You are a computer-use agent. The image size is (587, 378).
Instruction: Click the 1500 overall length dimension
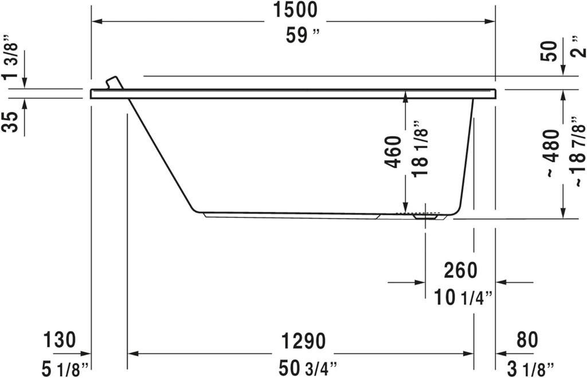(x=295, y=10)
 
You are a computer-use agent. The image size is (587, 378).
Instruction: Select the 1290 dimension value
(x=303, y=341)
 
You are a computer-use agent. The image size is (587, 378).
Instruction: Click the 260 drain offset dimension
(x=460, y=270)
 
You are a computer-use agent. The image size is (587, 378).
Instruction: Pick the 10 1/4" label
(x=464, y=298)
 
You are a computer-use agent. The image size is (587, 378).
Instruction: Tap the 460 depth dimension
(x=393, y=151)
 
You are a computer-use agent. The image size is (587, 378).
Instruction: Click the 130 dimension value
(x=60, y=340)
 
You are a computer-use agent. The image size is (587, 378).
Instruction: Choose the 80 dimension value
(x=527, y=340)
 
